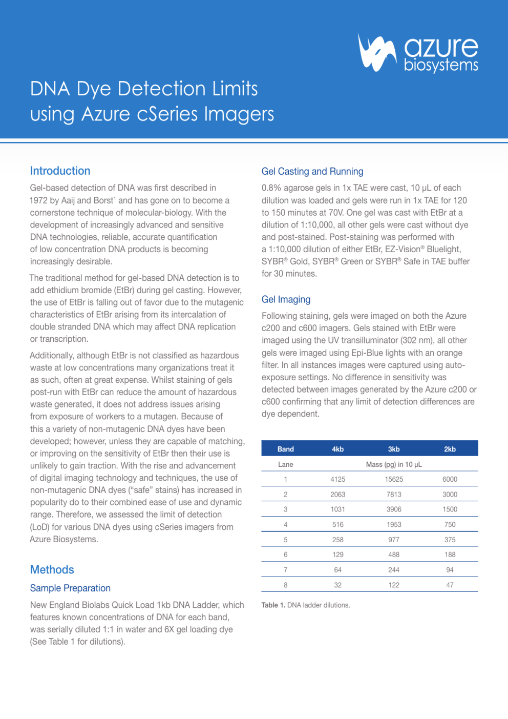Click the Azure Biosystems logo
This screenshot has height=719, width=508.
point(418,53)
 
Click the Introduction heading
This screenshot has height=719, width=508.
point(60,171)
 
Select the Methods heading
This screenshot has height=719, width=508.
point(52,570)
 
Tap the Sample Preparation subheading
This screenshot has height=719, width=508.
point(70,588)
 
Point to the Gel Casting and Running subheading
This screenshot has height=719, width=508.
point(312,172)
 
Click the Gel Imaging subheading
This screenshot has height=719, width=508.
point(286,300)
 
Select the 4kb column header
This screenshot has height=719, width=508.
point(337,449)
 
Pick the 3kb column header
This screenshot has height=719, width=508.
point(393,449)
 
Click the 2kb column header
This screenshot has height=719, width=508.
point(450,449)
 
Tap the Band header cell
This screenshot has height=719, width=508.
point(285,449)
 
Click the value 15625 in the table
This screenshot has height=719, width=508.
point(394,479)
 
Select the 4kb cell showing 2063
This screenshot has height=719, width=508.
point(337,495)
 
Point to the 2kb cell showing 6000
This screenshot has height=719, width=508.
point(450,479)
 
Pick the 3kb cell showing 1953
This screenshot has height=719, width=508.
point(394,525)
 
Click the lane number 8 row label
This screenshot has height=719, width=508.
point(285,585)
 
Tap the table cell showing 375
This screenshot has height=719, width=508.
point(450,540)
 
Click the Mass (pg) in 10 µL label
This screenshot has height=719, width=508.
point(394,464)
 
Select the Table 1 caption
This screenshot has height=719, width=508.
point(305,605)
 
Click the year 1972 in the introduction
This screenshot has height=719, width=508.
point(39,200)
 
